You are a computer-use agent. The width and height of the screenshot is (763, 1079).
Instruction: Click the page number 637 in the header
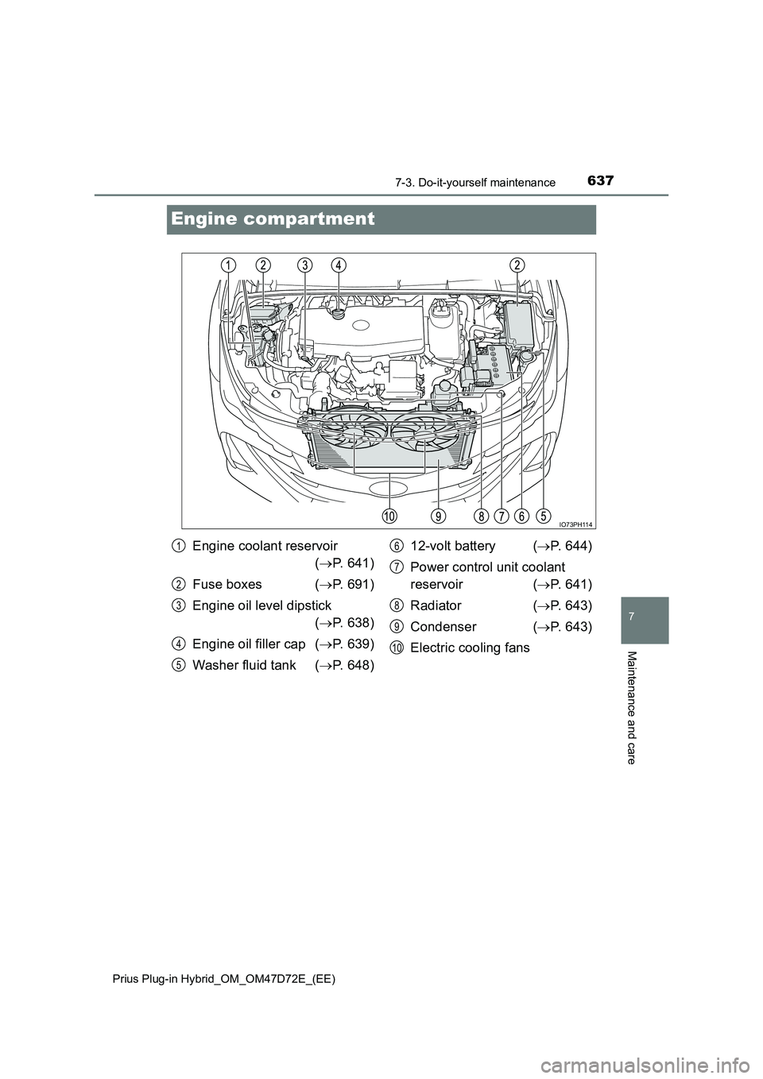tap(601, 181)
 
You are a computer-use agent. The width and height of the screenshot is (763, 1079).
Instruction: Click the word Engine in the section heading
tap(203, 219)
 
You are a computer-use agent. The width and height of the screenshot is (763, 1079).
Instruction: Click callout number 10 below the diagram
tap(389, 516)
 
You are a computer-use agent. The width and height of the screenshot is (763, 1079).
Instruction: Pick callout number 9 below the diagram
tap(438, 516)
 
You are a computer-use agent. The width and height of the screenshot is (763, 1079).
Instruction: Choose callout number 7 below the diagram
tap(502, 516)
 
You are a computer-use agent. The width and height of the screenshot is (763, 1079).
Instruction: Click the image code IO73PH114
tap(575, 524)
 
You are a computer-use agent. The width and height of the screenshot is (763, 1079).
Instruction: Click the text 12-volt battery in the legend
tap(452, 546)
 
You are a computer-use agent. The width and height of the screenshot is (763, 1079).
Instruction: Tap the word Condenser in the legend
tap(443, 627)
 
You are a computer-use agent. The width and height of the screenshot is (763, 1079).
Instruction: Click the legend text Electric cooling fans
tap(470, 648)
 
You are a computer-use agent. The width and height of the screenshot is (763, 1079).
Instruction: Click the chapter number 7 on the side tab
tap(645, 616)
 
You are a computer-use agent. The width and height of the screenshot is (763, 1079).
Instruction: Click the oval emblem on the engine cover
tap(361, 324)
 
